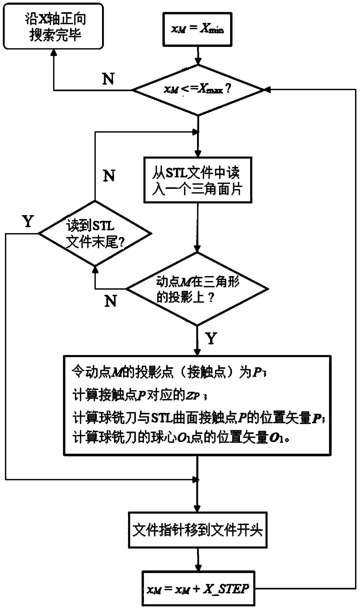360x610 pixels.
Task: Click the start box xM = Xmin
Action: pos(197,29)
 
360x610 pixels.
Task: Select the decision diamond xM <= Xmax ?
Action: pos(197,90)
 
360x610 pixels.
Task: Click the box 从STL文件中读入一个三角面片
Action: pos(197,180)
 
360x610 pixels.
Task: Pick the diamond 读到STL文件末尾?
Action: pos(95,233)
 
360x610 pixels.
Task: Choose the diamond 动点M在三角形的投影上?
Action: pos(197,289)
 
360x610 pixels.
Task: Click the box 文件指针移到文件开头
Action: pos(197,530)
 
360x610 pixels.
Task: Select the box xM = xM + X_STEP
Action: pos(198,589)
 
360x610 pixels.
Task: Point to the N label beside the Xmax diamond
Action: pos(108,79)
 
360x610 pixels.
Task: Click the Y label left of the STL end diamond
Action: pos(28,221)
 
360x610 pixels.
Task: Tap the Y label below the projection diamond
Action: pos(211,338)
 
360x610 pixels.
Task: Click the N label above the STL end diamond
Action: pos(109,175)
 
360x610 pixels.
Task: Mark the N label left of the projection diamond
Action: pos(111,300)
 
